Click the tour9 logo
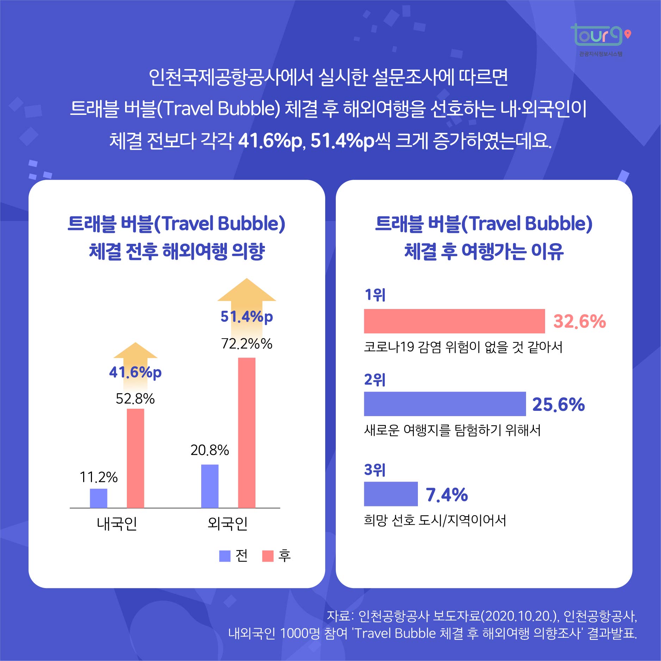(599, 36)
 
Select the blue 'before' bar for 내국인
(99, 498)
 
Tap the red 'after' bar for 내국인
(135, 458)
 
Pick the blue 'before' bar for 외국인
(210, 486)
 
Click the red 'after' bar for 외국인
(247, 433)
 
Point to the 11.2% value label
(99, 477)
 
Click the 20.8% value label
(210, 450)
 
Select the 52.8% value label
(135, 399)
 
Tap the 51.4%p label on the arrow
(247, 316)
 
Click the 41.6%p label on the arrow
(135, 372)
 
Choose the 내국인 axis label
(117, 524)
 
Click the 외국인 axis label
(228, 524)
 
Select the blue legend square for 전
(225, 556)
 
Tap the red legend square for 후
(268, 556)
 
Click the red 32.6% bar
(454, 321)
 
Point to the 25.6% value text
(558, 404)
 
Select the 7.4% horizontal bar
(391, 494)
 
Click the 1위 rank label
(375, 295)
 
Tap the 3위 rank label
(375, 470)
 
